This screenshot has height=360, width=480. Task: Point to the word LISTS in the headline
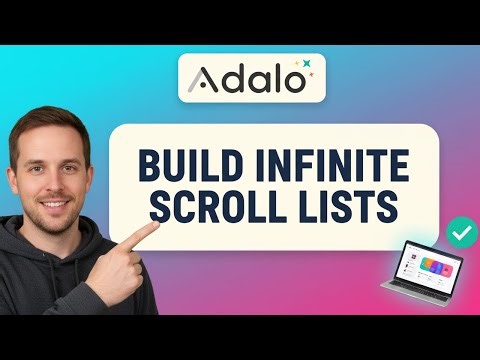pyautogui.click(x=352, y=208)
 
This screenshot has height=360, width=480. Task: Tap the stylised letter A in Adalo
pyautogui.click(x=200, y=77)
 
